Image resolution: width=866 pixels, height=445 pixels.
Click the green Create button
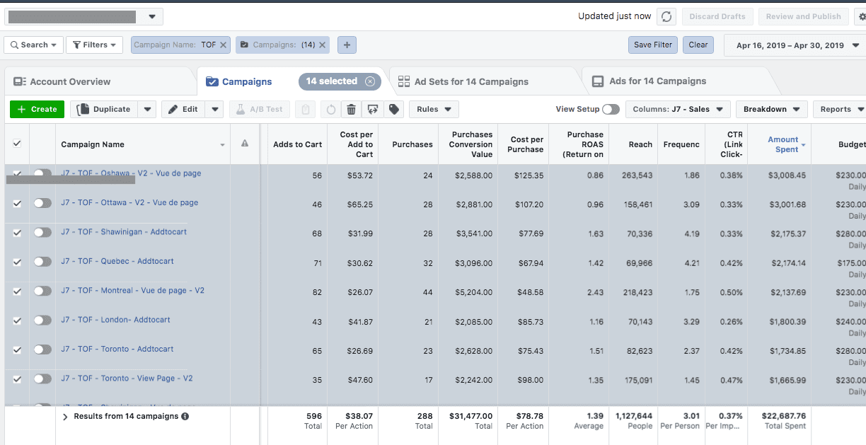click(x=37, y=109)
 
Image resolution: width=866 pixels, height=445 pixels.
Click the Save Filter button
click(x=652, y=45)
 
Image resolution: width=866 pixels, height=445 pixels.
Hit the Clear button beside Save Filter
click(x=698, y=45)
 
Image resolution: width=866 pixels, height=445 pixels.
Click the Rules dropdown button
click(x=434, y=109)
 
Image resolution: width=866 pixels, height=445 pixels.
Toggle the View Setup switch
click(x=611, y=109)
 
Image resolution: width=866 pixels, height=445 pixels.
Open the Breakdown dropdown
click(x=771, y=109)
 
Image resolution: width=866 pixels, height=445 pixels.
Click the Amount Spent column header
click(x=783, y=144)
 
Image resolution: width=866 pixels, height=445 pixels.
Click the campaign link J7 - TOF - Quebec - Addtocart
click(x=117, y=261)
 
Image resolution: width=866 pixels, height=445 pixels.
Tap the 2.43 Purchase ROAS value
click(x=595, y=292)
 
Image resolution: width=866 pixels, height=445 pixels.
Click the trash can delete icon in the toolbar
click(x=351, y=109)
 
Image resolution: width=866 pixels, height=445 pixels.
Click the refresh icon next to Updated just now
click(x=666, y=16)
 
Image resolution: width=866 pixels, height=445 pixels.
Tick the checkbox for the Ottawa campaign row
click(x=17, y=203)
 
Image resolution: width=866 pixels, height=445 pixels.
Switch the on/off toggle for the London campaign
click(x=42, y=320)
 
